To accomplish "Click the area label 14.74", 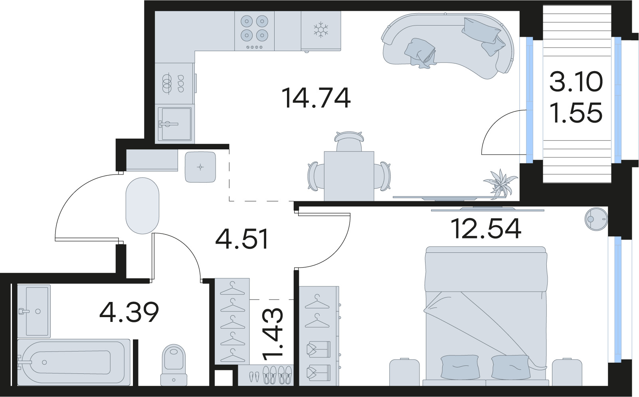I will point(316,98).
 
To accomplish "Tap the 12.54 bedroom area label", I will point(486,228).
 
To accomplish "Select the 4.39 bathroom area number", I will point(129,312).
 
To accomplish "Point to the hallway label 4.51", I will point(242,239).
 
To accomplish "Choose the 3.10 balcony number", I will point(576,82).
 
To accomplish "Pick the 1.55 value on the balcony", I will point(576,113).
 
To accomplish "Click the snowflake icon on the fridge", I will point(320,30).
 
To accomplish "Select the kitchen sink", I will point(174,124).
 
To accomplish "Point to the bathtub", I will point(74,362).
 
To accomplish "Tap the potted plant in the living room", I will point(499,183).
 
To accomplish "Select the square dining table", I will point(349,176).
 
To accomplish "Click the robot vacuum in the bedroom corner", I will point(596,219).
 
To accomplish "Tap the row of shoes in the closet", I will point(271,375).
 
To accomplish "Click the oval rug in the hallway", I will point(142,205).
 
